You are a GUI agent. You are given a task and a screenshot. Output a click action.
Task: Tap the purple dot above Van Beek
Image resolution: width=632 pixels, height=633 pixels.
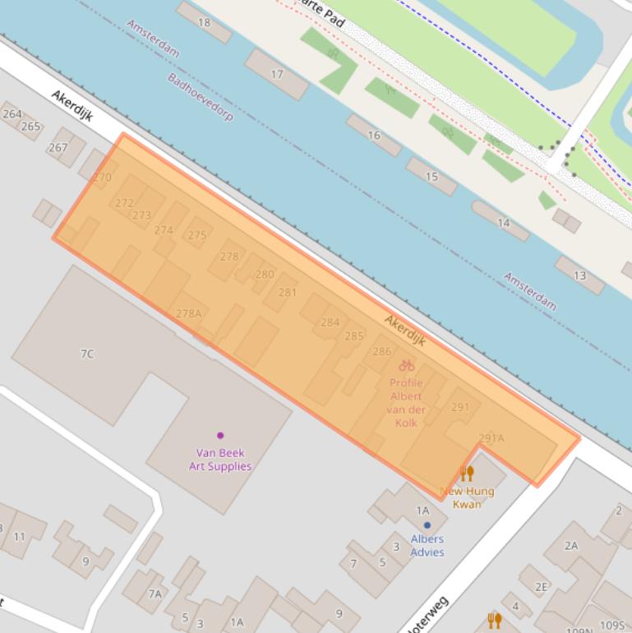(220, 436)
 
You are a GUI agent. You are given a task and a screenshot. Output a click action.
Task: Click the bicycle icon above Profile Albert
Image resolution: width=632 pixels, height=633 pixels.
(406, 366)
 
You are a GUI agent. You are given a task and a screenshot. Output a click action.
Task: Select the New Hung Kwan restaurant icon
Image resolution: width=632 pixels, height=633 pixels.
(467, 474)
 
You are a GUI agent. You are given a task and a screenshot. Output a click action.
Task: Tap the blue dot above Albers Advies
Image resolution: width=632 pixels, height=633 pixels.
(427, 525)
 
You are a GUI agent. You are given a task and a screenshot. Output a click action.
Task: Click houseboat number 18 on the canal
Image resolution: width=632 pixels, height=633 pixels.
(204, 22)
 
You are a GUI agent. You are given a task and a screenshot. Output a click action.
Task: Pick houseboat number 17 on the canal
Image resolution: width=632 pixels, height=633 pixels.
(277, 74)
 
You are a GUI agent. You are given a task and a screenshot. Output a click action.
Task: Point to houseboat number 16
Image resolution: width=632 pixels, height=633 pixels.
(374, 136)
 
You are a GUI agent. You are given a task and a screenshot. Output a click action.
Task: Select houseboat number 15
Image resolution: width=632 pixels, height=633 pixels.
(431, 177)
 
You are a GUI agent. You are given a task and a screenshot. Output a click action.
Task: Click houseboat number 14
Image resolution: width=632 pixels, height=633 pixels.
(503, 223)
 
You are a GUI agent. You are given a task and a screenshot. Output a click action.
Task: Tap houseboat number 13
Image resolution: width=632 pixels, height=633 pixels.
(579, 275)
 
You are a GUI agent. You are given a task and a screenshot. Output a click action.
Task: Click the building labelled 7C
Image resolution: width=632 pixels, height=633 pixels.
(87, 353)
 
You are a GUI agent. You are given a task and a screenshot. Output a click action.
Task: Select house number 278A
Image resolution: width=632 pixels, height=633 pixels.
(188, 313)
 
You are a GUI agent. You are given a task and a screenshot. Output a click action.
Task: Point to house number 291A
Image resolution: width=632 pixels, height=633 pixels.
(491, 438)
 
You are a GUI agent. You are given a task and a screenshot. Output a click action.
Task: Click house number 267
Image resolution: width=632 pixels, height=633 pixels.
(58, 148)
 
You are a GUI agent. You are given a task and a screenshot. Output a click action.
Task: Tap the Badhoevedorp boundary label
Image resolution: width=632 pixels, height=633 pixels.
(200, 97)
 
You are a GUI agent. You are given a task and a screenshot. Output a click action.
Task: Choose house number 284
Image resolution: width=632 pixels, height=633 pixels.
(330, 322)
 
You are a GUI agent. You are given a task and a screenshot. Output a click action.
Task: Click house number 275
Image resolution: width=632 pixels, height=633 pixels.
(197, 235)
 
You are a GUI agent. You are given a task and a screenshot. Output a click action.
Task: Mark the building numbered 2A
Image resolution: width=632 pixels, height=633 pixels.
(571, 545)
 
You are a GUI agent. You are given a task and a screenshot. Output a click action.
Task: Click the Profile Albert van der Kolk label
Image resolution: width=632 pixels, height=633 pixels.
(406, 403)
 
